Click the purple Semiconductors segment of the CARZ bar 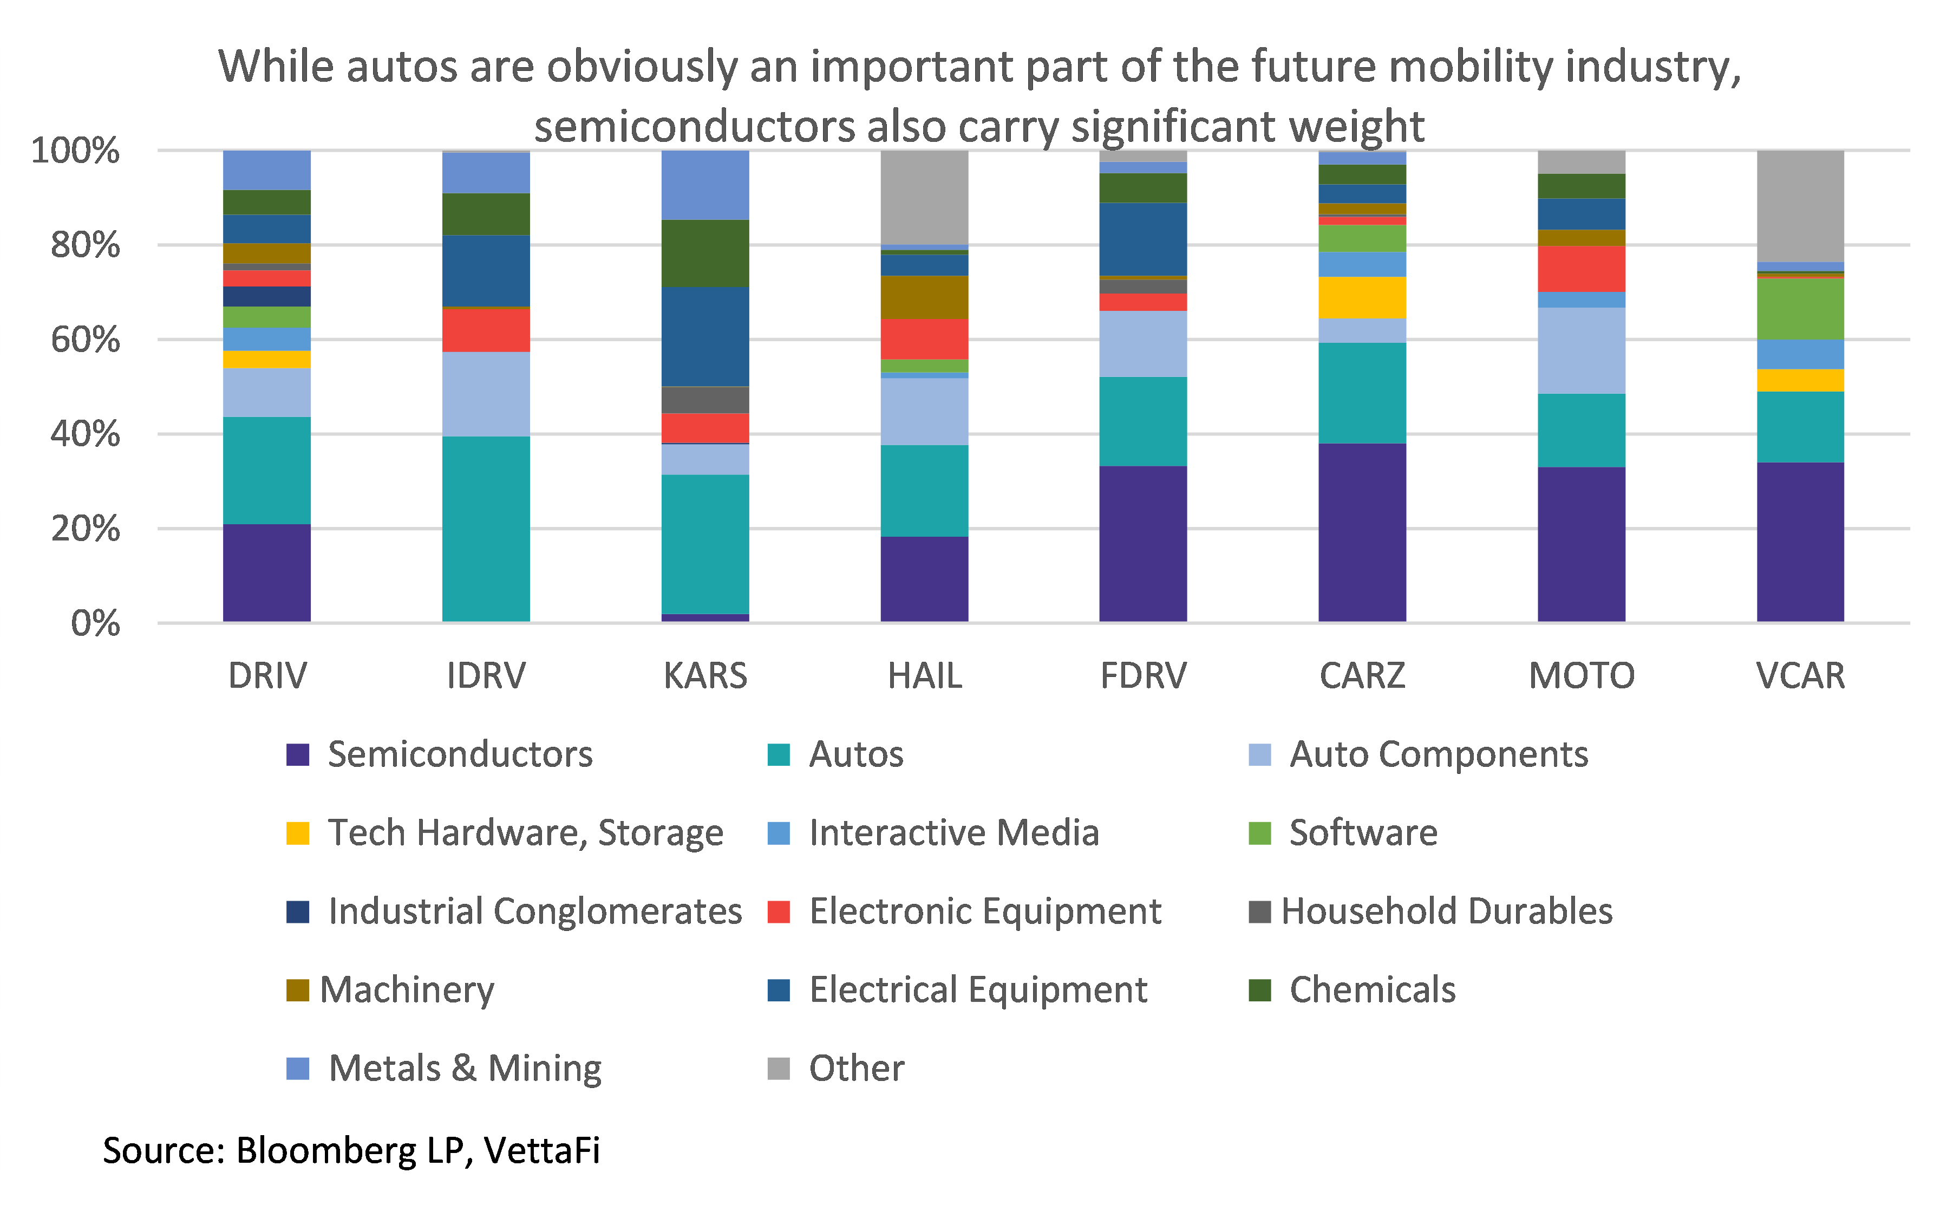click(1362, 532)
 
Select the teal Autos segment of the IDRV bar click(486, 529)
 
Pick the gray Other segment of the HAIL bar click(924, 197)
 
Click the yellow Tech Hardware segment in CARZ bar click(1362, 297)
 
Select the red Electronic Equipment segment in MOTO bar click(1581, 269)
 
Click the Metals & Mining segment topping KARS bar click(705, 185)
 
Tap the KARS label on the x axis click(705, 676)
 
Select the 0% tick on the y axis click(96, 623)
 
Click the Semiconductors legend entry click(460, 754)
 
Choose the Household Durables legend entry click(1446, 911)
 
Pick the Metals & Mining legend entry click(465, 1068)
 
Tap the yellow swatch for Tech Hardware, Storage click(297, 833)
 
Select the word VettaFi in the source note click(542, 1150)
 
